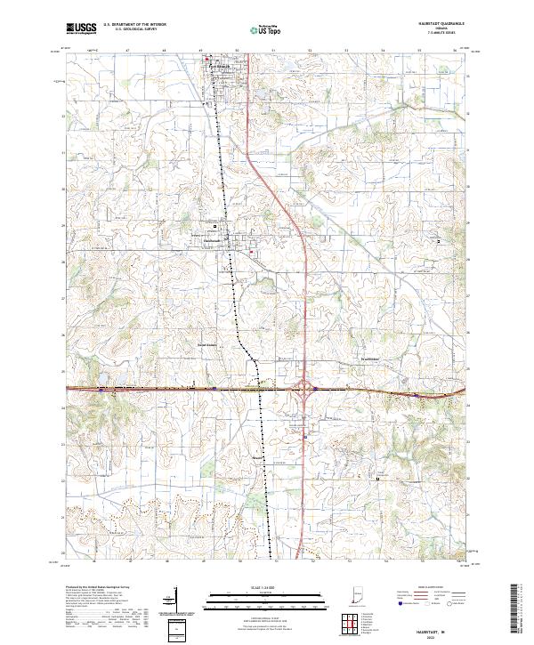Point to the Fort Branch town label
pyautogui.click(x=219, y=65)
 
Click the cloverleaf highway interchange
pyautogui.click(x=304, y=389)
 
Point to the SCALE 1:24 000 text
pyautogui.click(x=266, y=586)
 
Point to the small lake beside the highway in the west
pyautogui.click(x=103, y=386)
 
